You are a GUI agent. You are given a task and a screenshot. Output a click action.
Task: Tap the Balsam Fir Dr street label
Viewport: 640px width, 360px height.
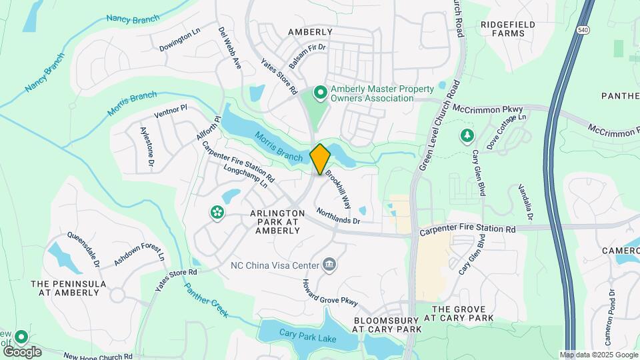click(308, 48)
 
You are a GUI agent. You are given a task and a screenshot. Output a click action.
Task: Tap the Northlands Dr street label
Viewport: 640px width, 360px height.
click(338, 215)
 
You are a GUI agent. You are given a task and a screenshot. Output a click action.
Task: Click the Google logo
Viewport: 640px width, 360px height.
click(22, 351)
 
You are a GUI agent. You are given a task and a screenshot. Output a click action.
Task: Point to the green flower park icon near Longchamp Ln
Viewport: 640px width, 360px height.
click(217, 213)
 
